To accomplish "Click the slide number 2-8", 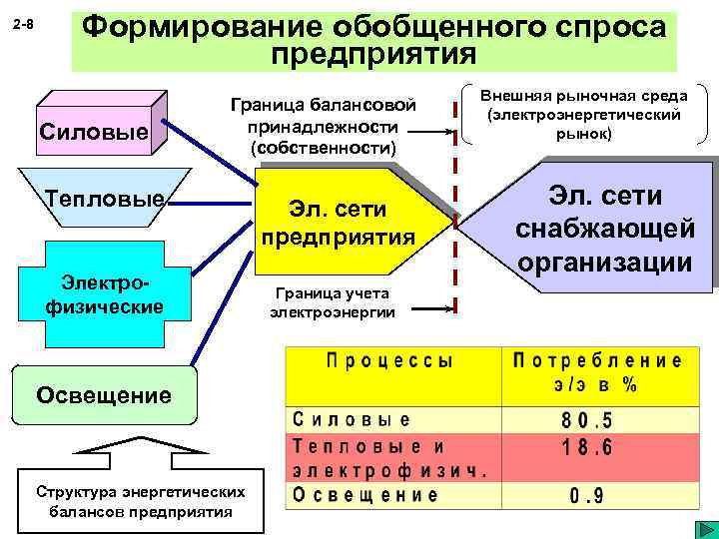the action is point(24,23).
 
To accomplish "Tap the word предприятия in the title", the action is point(373,51).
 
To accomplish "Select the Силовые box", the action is point(91,130).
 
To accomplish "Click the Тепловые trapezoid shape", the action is point(105,199).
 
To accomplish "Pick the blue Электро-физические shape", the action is point(104,289).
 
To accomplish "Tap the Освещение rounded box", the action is point(104,394).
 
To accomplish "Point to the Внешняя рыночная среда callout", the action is point(584,114).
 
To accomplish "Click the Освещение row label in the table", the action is point(365,494).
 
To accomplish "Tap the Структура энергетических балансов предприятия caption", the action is point(140,501).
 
